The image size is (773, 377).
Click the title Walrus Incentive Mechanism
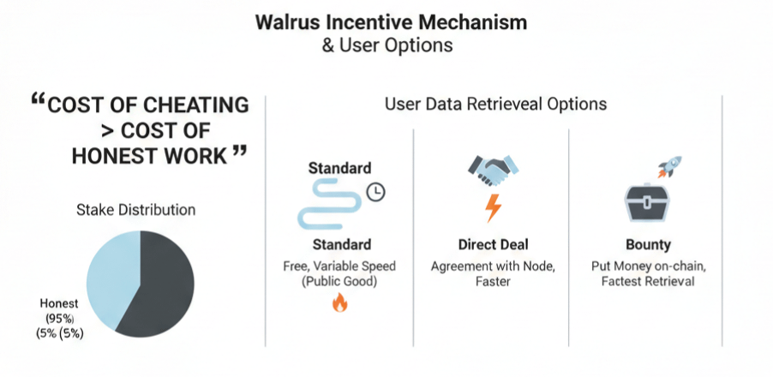click(x=386, y=22)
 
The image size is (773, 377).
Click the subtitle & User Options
click(x=386, y=45)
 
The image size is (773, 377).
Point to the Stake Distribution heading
click(x=135, y=210)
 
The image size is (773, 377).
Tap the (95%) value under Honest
click(x=59, y=319)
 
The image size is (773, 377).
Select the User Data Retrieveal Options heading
click(x=495, y=105)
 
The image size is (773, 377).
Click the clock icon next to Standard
click(x=375, y=192)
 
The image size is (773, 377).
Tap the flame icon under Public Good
click(x=340, y=302)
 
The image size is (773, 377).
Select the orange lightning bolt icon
click(x=492, y=207)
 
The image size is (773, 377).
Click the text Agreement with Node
click(x=491, y=266)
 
